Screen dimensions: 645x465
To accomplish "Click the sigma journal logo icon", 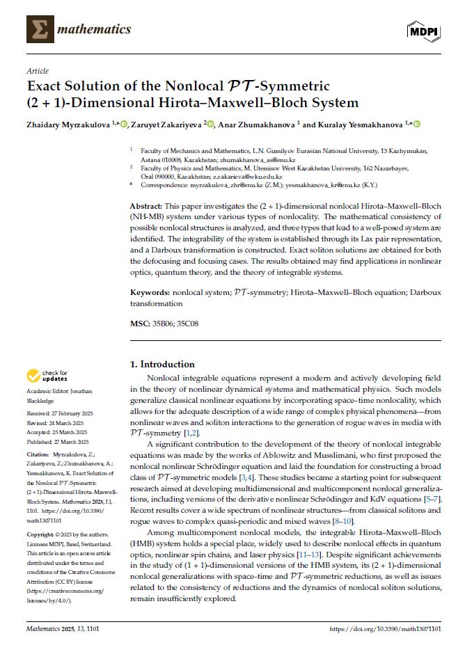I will point(40,29).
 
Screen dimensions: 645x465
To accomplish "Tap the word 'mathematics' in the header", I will point(94,29).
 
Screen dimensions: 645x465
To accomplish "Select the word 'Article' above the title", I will point(37,71).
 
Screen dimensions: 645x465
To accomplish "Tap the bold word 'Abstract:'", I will point(146,207).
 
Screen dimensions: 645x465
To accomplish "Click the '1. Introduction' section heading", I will point(163,364).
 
